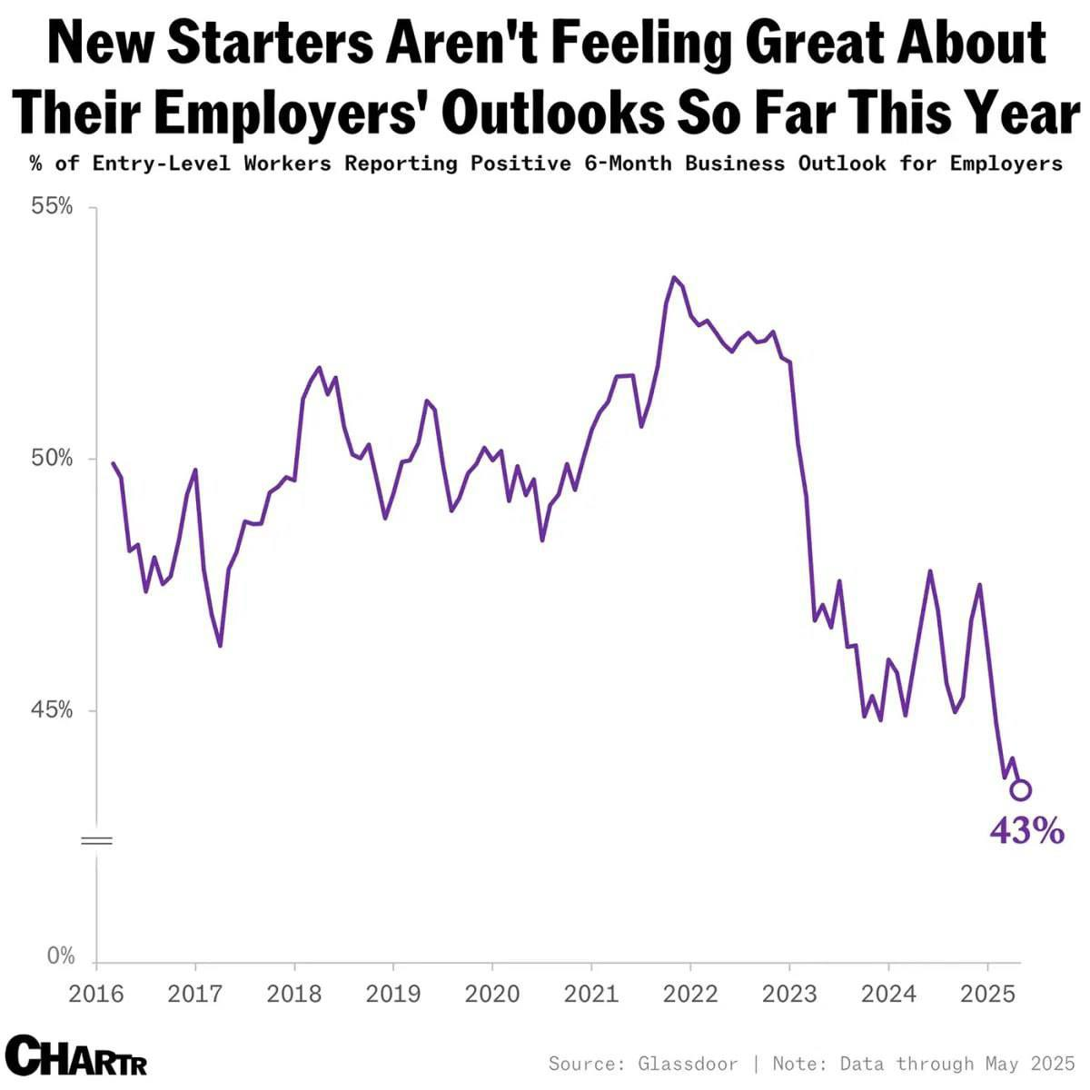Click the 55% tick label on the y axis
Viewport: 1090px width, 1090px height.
[x=54, y=207]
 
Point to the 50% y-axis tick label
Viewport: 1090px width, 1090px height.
[x=54, y=459]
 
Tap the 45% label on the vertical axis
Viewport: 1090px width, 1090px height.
[x=54, y=710]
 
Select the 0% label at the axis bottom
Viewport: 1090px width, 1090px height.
[x=61, y=956]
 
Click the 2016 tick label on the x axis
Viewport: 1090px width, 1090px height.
[x=96, y=993]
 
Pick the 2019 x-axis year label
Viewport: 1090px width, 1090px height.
[x=393, y=993]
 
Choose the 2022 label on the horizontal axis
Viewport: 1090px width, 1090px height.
[x=690, y=993]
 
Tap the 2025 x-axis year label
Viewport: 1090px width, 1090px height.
[x=987, y=993]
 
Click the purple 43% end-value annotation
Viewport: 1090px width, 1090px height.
[x=1026, y=830]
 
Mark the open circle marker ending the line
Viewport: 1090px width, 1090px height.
[x=1020, y=789]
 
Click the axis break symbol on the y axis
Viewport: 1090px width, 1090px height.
[x=96, y=840]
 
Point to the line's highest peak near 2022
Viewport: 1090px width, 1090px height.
[x=673, y=278]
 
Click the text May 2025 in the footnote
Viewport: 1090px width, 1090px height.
[x=1030, y=1064]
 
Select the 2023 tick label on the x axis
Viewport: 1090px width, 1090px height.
[x=789, y=993]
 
